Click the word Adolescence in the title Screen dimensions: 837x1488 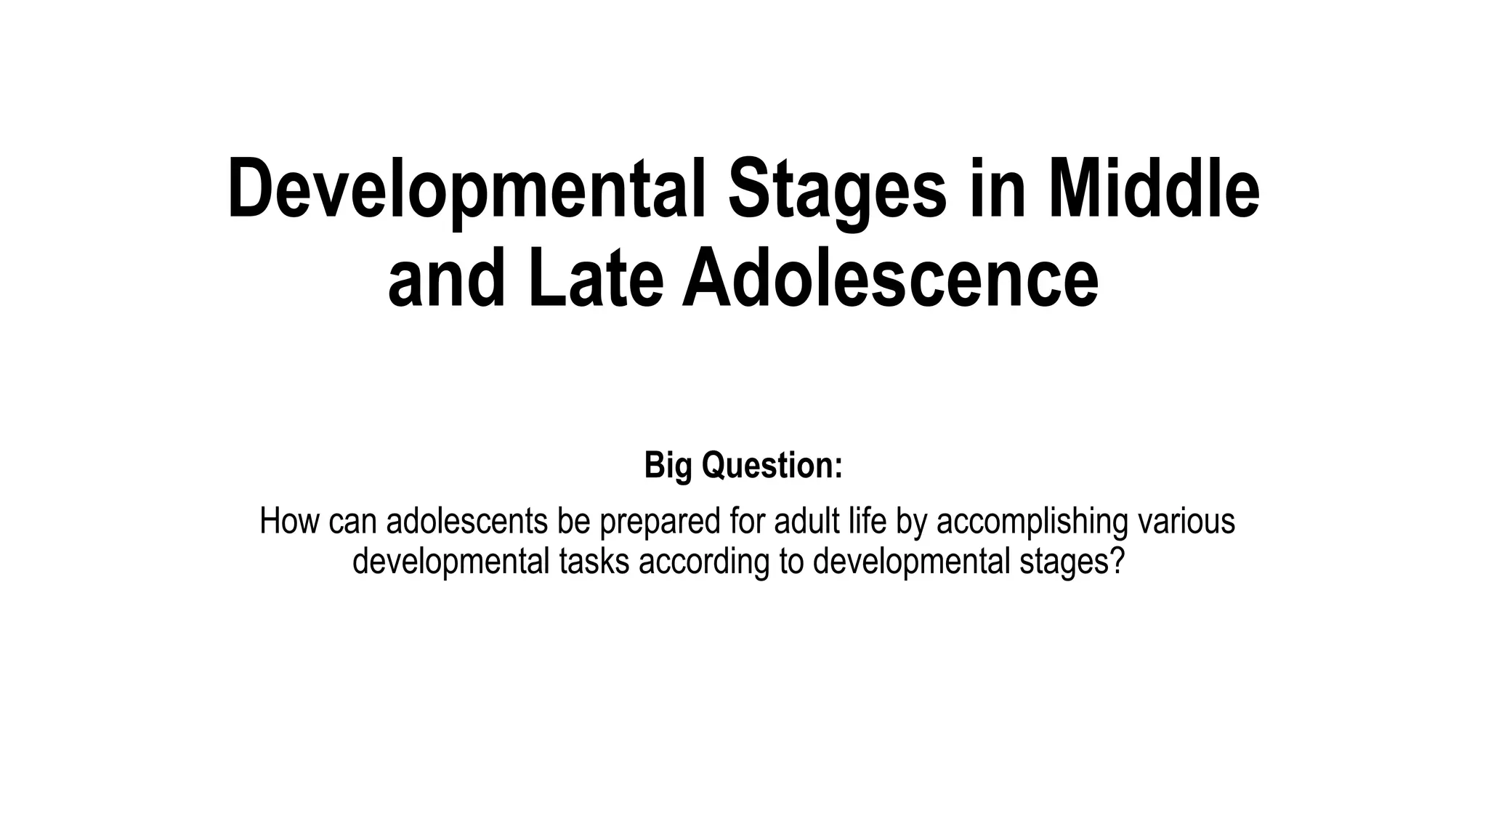[x=890, y=279]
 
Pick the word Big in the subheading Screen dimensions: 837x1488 [x=668, y=465]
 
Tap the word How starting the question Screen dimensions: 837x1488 [x=288, y=522]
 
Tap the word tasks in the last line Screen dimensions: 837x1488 [x=594, y=561]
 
